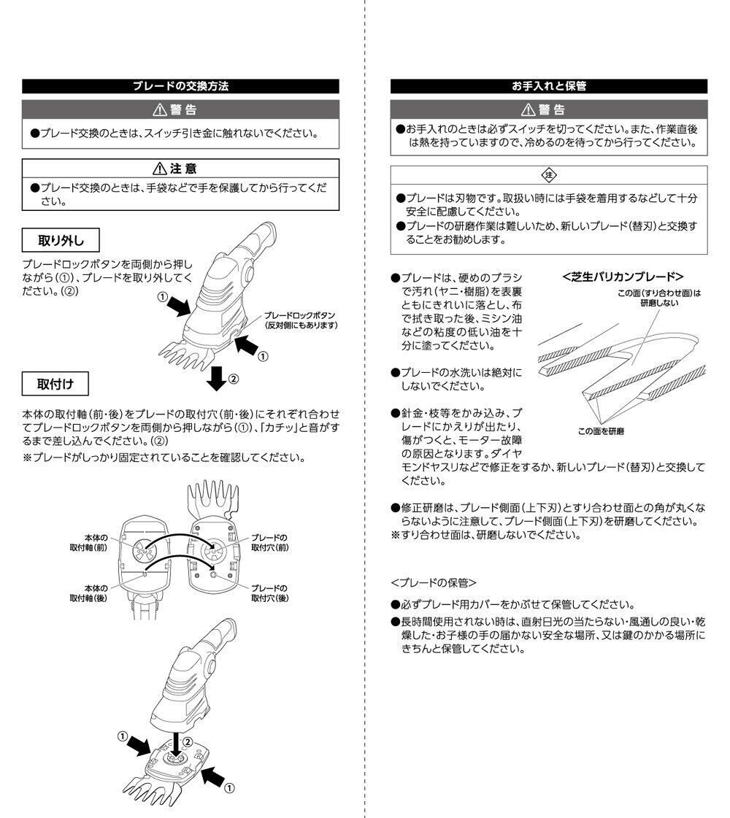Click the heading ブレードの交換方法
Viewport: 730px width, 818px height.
point(180,86)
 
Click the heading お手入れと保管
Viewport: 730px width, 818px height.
point(549,86)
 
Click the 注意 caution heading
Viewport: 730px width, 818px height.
point(181,169)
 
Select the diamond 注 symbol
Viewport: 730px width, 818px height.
point(550,175)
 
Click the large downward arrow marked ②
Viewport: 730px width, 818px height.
point(217,377)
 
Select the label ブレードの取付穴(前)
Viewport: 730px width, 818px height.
point(269,541)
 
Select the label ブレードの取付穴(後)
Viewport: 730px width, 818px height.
point(269,593)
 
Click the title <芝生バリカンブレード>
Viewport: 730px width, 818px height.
point(623,277)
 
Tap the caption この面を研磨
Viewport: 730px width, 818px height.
point(601,431)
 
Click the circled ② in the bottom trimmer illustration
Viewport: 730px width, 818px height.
point(188,741)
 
